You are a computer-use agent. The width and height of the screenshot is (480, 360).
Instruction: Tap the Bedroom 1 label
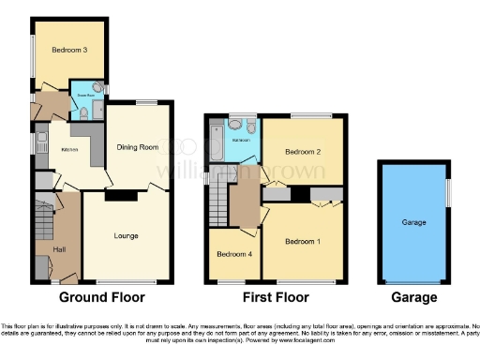pyautogui.click(x=304, y=242)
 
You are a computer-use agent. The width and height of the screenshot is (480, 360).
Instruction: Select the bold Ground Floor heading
pyautogui.click(x=103, y=298)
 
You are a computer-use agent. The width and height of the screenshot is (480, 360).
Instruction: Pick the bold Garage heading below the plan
pyautogui.click(x=413, y=298)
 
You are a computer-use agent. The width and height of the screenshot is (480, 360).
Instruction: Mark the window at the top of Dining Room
pyautogui.click(x=145, y=102)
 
